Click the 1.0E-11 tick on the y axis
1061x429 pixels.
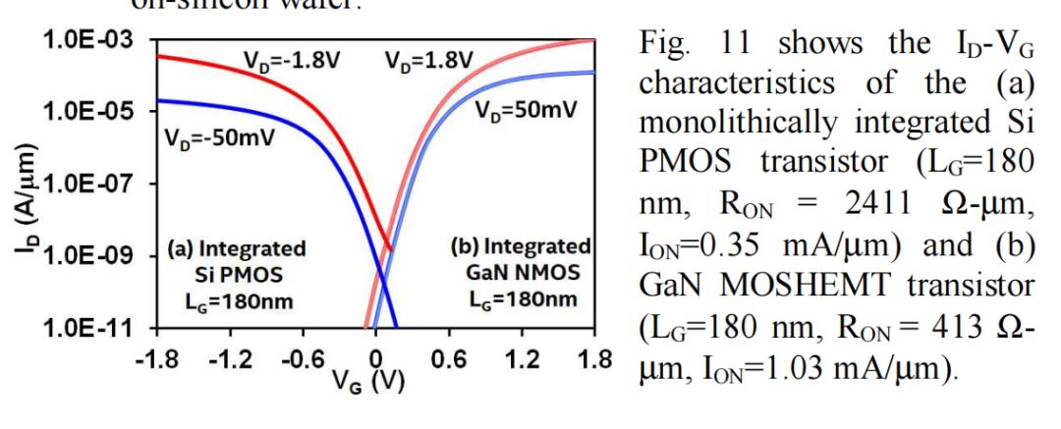pos(82,329)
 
